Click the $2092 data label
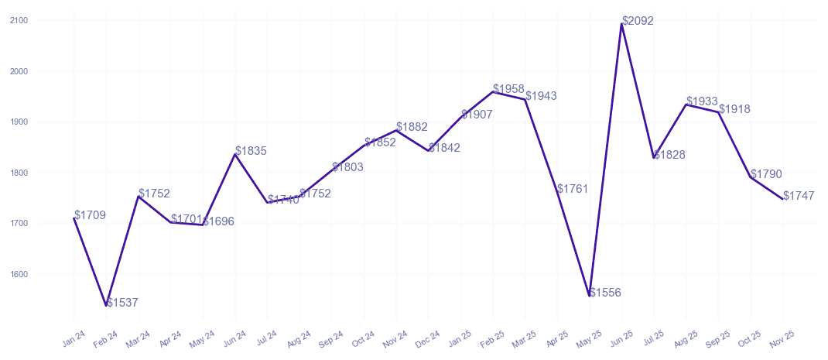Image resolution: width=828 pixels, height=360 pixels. click(x=638, y=21)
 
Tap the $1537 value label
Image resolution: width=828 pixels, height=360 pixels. click(x=122, y=303)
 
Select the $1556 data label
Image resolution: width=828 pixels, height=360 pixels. click(x=605, y=293)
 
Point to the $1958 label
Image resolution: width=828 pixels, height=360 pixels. click(x=509, y=89)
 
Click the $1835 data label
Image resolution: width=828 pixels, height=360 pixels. click(x=251, y=151)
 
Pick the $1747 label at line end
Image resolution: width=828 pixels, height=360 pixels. click(x=799, y=196)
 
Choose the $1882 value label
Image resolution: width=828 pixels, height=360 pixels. click(x=412, y=127)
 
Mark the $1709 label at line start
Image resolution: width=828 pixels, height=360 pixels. click(x=91, y=215)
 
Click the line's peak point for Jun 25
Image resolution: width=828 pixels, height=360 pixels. click(x=621, y=24)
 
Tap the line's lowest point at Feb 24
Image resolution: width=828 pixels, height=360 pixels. click(x=106, y=306)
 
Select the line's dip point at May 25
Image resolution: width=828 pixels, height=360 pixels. click(x=590, y=296)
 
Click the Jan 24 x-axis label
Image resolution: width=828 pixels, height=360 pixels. click(x=73, y=338)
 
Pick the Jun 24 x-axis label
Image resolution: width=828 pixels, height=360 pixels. click(x=234, y=338)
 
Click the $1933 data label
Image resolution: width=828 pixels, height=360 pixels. click(x=703, y=102)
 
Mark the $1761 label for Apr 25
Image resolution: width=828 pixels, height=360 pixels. click(x=573, y=189)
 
